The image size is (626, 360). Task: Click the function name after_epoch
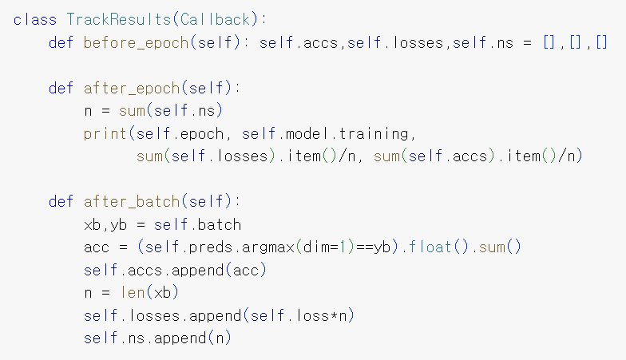point(122,88)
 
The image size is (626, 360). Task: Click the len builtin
point(131,293)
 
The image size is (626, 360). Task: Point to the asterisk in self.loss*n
point(331,316)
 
